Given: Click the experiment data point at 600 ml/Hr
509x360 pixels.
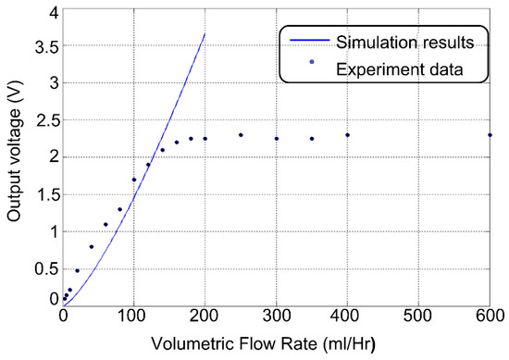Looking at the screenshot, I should point(490,135).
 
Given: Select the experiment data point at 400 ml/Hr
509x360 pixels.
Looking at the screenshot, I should point(347,135).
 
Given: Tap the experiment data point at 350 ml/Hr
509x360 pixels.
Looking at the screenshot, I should point(312,139).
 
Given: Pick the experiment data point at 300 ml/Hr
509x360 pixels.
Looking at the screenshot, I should point(276,139).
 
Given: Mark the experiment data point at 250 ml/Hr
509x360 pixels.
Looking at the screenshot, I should point(241,135).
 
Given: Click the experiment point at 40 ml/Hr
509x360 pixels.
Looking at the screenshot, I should point(91,246).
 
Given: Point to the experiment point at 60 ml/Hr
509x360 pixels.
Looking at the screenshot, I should point(106,224).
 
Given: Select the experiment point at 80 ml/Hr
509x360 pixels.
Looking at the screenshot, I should point(119,209).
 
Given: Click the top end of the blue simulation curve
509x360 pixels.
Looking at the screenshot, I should point(205,34).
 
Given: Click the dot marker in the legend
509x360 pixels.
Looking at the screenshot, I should point(312,63).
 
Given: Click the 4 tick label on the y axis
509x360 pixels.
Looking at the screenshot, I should point(52,11).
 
